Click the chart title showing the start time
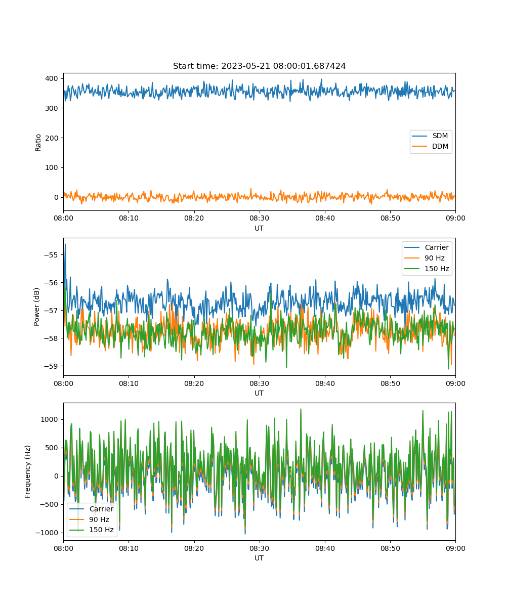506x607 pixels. (x=259, y=66)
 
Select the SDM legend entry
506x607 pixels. (x=430, y=136)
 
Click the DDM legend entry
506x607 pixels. (x=430, y=146)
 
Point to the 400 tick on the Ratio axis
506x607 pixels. (x=52, y=78)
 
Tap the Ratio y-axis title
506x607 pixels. (x=38, y=143)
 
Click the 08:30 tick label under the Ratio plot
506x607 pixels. (x=260, y=218)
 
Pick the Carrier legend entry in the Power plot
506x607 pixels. (x=427, y=247)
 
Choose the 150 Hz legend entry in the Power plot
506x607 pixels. (x=427, y=269)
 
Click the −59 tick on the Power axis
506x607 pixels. (x=51, y=366)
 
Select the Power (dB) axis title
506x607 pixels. (x=36, y=307)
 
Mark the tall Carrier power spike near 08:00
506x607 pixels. (x=65, y=244)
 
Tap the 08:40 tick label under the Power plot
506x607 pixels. (x=325, y=383)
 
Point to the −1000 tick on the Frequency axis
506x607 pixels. (x=47, y=533)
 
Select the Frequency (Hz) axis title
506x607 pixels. (x=27, y=472)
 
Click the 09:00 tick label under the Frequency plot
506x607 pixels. (x=456, y=548)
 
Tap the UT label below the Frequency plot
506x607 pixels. (x=259, y=558)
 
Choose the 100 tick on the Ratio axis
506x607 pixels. (x=52, y=167)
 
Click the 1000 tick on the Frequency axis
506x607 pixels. (x=50, y=419)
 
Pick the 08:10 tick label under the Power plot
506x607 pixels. (x=129, y=383)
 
